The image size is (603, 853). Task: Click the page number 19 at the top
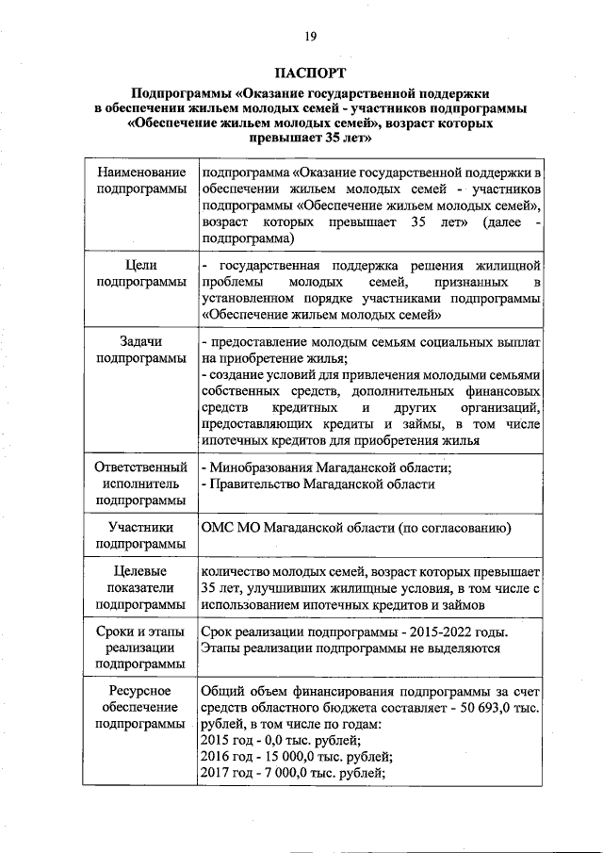pos(310,37)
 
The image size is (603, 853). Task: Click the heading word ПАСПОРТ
pos(310,73)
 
